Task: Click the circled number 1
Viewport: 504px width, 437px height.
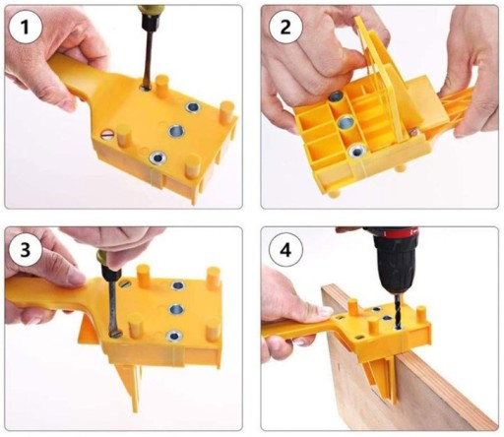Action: (25, 27)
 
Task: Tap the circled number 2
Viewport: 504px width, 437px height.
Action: (285, 27)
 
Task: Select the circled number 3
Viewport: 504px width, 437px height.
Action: (25, 250)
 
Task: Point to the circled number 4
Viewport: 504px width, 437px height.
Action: (285, 250)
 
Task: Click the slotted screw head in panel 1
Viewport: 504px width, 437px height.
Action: (107, 135)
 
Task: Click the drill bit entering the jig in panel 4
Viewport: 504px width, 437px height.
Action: (398, 309)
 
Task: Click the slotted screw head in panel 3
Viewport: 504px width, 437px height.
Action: (124, 282)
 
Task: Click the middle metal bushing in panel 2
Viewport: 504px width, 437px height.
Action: (346, 123)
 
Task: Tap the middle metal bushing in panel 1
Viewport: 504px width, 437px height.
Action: (176, 131)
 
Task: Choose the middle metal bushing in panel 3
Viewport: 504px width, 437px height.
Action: (176, 309)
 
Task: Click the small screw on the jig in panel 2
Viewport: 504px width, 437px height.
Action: (412, 132)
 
